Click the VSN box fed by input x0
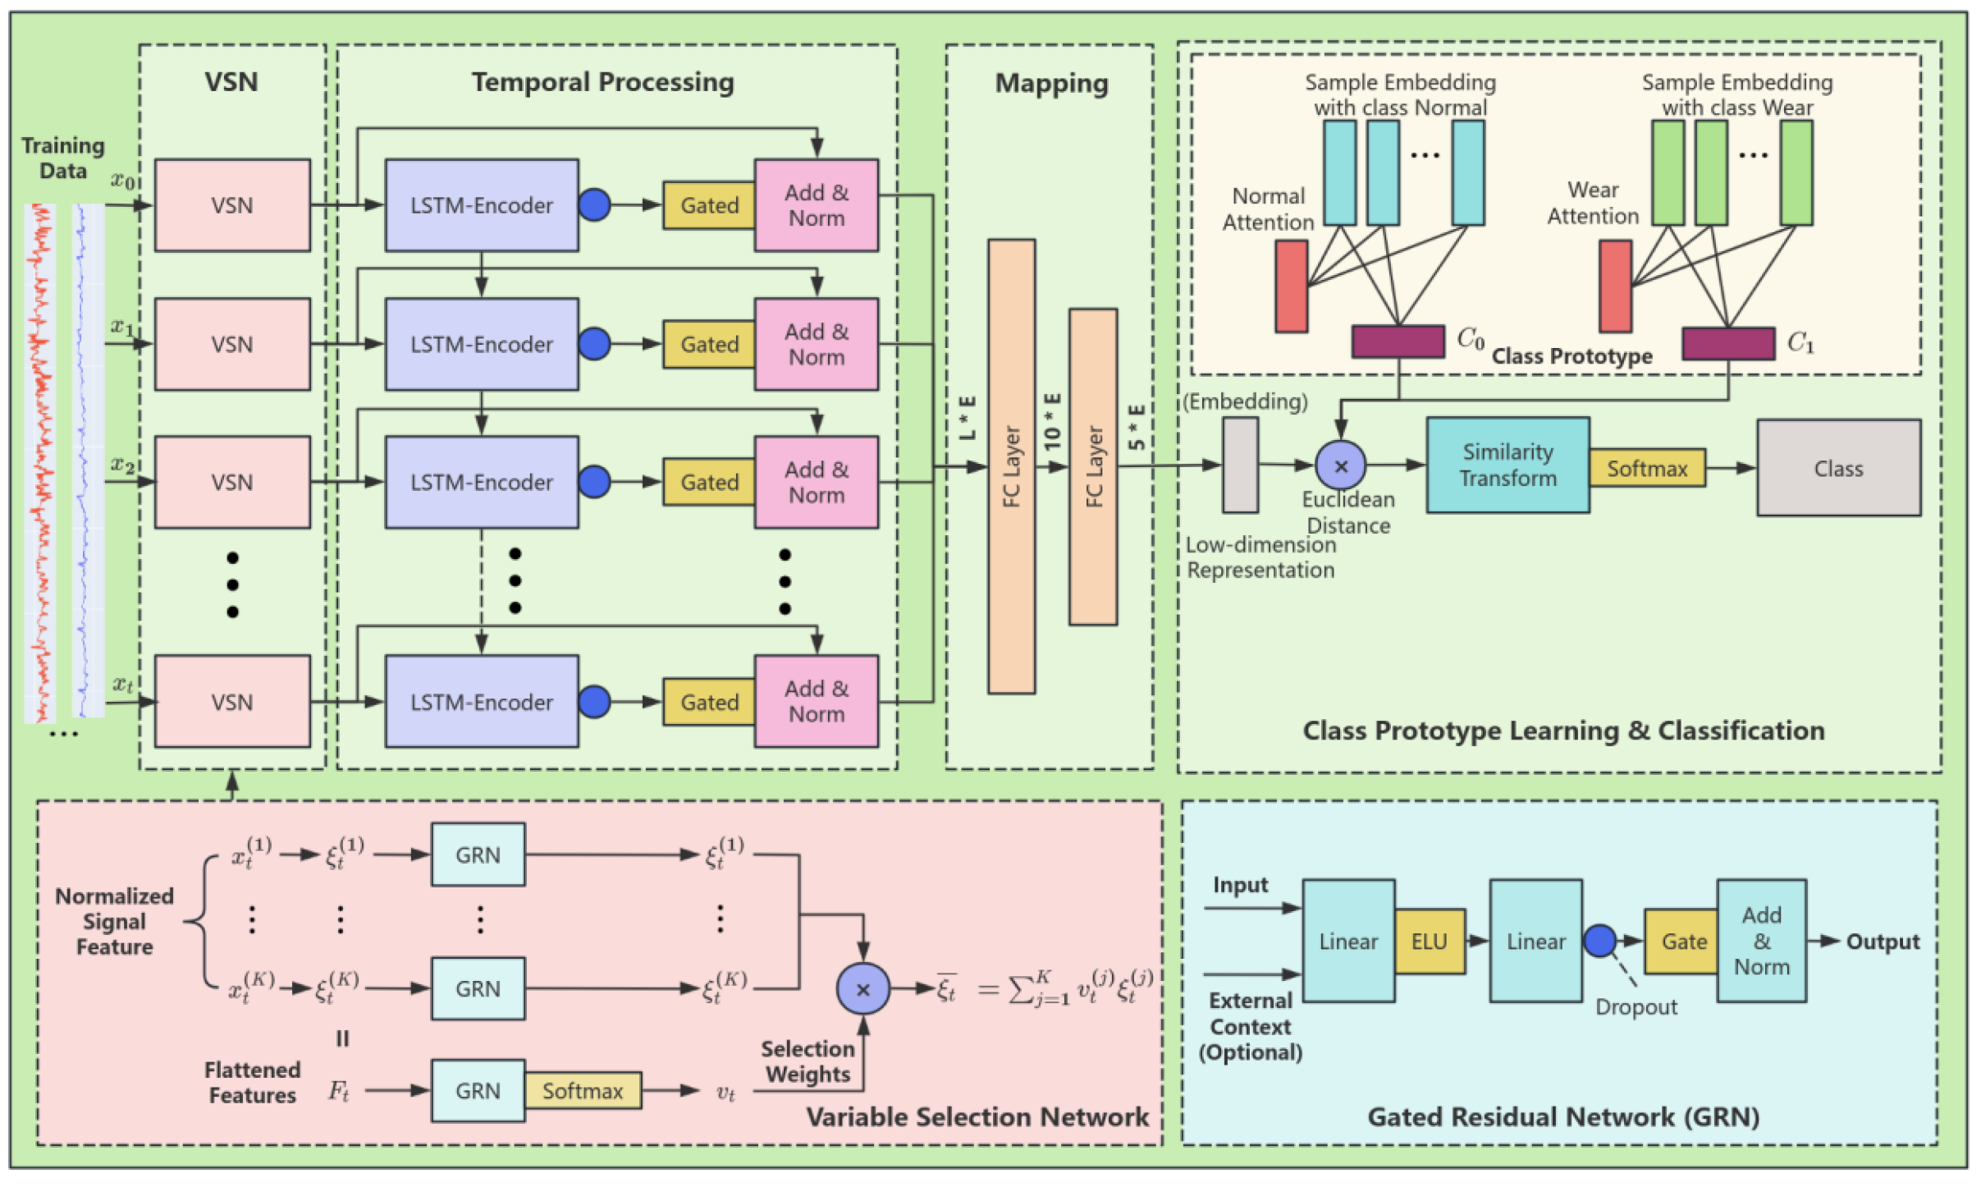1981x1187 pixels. [x=232, y=205]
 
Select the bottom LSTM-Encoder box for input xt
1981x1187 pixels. [x=482, y=702]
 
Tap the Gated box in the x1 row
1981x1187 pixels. [x=709, y=344]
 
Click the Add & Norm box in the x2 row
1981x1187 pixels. [x=816, y=482]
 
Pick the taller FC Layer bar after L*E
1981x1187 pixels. [x=1011, y=466]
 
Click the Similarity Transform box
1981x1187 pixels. [x=1507, y=465]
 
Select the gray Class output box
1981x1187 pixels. [x=1838, y=468]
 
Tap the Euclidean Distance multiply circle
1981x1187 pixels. [x=1340, y=465]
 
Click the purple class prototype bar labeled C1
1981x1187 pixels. [x=1727, y=343]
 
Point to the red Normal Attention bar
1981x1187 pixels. [x=1291, y=286]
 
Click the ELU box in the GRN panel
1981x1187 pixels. [x=1429, y=942]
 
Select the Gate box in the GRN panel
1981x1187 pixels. [x=1683, y=942]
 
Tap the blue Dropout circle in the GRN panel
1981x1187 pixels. [x=1599, y=941]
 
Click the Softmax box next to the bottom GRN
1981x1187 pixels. [x=583, y=1091]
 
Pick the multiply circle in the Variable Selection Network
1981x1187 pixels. [x=862, y=989]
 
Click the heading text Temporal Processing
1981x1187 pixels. [x=602, y=82]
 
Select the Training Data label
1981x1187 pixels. [x=63, y=158]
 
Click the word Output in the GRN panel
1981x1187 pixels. [x=1883, y=942]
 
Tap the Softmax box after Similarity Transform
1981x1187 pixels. [x=1646, y=468]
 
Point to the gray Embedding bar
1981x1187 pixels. [x=1240, y=465]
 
